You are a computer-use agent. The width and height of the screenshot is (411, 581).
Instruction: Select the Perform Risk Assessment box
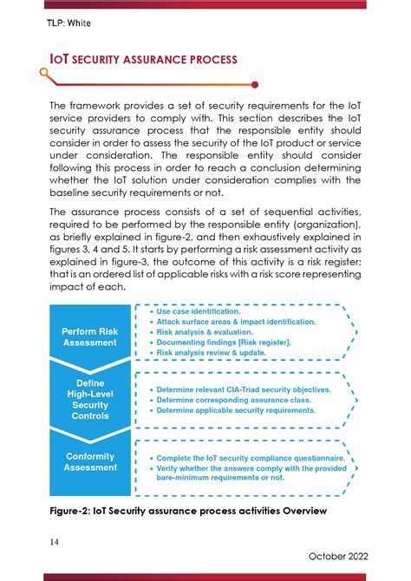[90, 337]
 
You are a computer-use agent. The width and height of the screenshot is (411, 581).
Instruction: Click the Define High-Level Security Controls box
[90, 399]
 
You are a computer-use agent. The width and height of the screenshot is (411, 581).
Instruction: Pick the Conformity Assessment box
[90, 462]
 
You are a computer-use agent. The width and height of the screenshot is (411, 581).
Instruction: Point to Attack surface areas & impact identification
[236, 322]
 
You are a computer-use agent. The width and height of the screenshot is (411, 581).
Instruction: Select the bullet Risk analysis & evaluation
[206, 332]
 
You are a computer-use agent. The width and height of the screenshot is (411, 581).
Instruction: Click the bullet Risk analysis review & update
[213, 353]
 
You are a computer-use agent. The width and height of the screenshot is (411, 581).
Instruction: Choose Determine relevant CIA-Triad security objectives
[244, 390]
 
